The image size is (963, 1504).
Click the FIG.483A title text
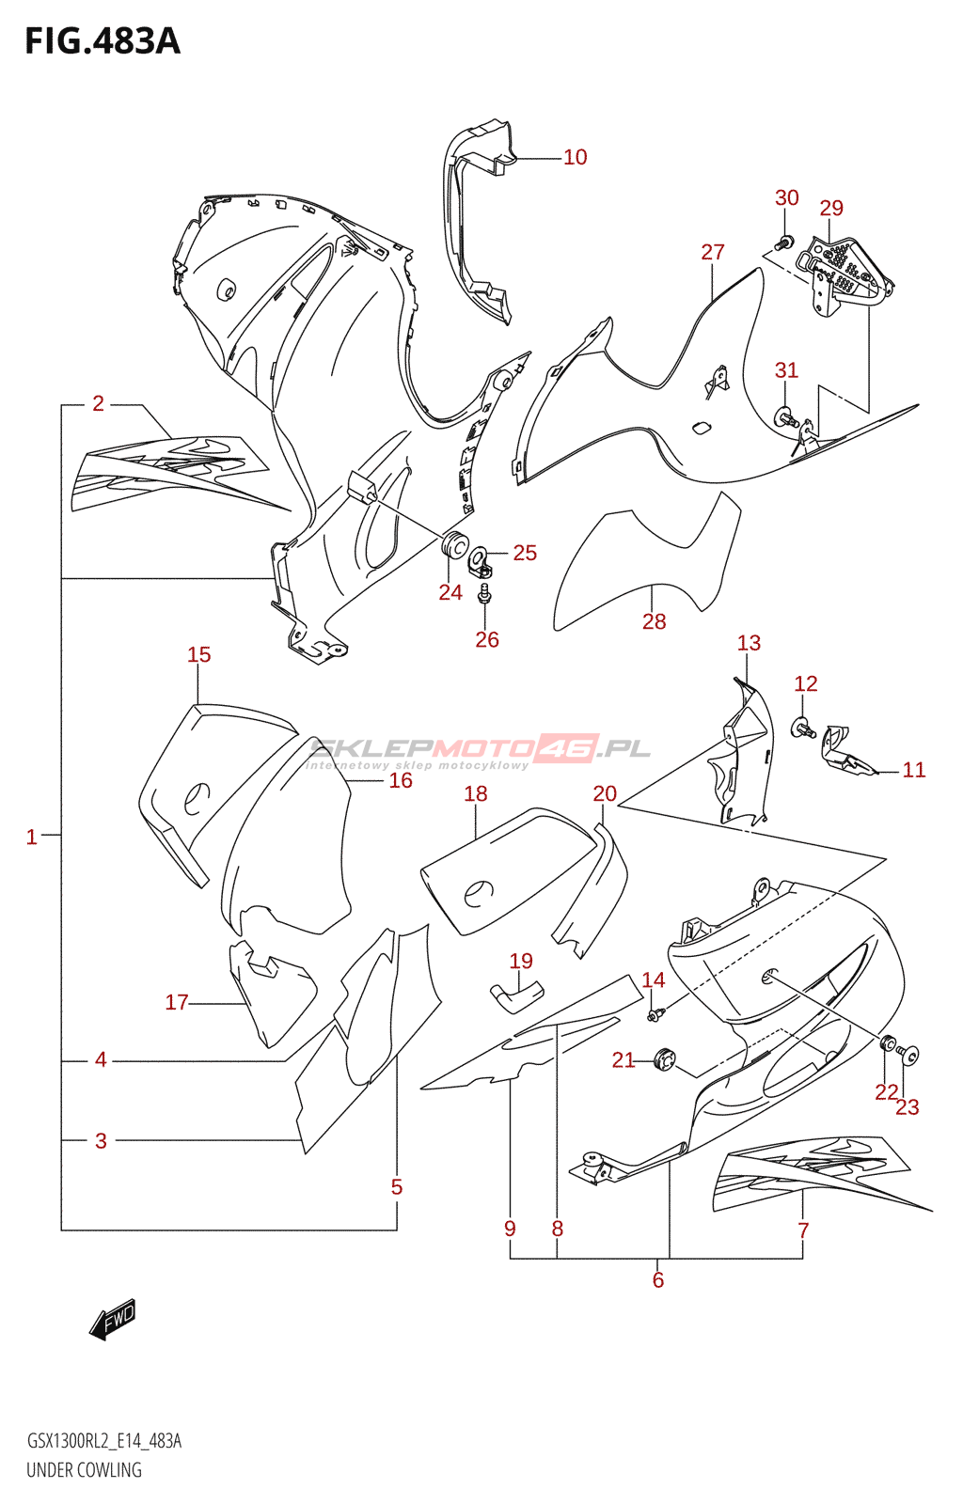[x=102, y=41]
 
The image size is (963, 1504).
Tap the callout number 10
[x=575, y=158]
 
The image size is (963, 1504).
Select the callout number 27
[x=713, y=252]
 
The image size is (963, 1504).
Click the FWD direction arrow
[x=113, y=1320]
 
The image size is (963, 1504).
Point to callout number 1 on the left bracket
[x=31, y=837]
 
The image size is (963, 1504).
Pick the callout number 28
[x=654, y=621]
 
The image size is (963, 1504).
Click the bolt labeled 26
[x=484, y=593]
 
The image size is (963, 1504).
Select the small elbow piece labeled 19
[x=516, y=995]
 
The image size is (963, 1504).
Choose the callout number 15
[x=198, y=654]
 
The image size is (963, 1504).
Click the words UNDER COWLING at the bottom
[x=84, y=1470]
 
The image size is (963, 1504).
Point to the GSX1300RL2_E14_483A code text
[x=103, y=1441]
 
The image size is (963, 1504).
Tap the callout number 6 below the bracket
[x=657, y=1279]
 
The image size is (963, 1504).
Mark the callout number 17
[x=177, y=1002]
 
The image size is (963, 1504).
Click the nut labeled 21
[x=665, y=1058]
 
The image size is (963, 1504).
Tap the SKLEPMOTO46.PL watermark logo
[x=480, y=750]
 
